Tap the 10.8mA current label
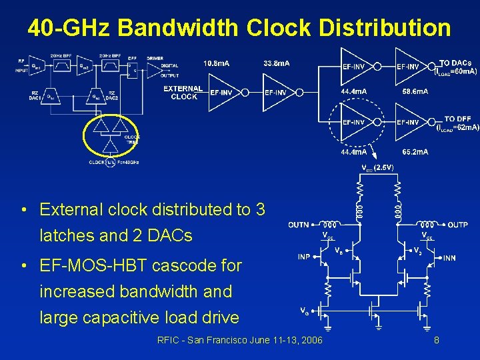(217, 63)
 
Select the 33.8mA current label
(277, 63)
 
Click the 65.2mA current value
(415, 152)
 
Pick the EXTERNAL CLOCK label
(183, 93)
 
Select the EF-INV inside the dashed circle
(353, 122)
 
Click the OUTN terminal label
(299, 225)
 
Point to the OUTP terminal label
(457, 225)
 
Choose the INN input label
(450, 257)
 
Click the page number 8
(436, 341)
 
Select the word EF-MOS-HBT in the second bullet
(95, 265)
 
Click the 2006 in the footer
(311, 341)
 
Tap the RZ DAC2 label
(113, 96)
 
